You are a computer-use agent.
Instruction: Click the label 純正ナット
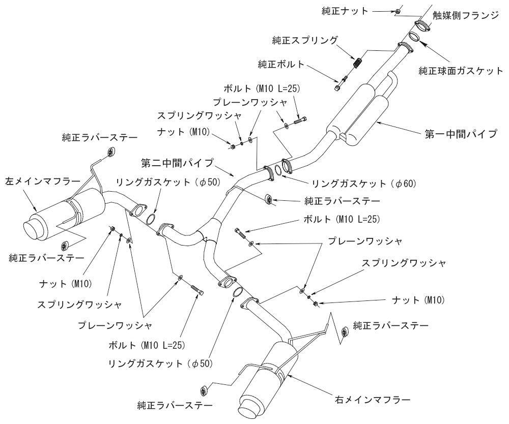pyautogui.click(x=345, y=11)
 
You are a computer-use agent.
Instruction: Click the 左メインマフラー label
pyautogui.click(x=43, y=180)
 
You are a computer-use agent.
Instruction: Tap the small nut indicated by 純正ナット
pyautogui.click(x=398, y=11)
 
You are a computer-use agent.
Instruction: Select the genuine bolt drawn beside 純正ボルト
pyautogui.click(x=343, y=82)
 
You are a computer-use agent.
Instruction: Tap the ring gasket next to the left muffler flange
pyautogui.click(x=150, y=219)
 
